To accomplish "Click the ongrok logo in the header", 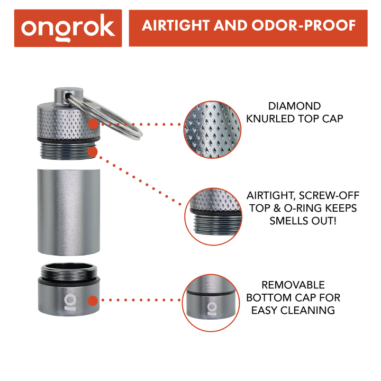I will [68, 28].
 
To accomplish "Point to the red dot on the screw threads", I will [93, 151].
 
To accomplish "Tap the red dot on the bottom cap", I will [93, 301].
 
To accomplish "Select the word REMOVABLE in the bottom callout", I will [294, 285].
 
